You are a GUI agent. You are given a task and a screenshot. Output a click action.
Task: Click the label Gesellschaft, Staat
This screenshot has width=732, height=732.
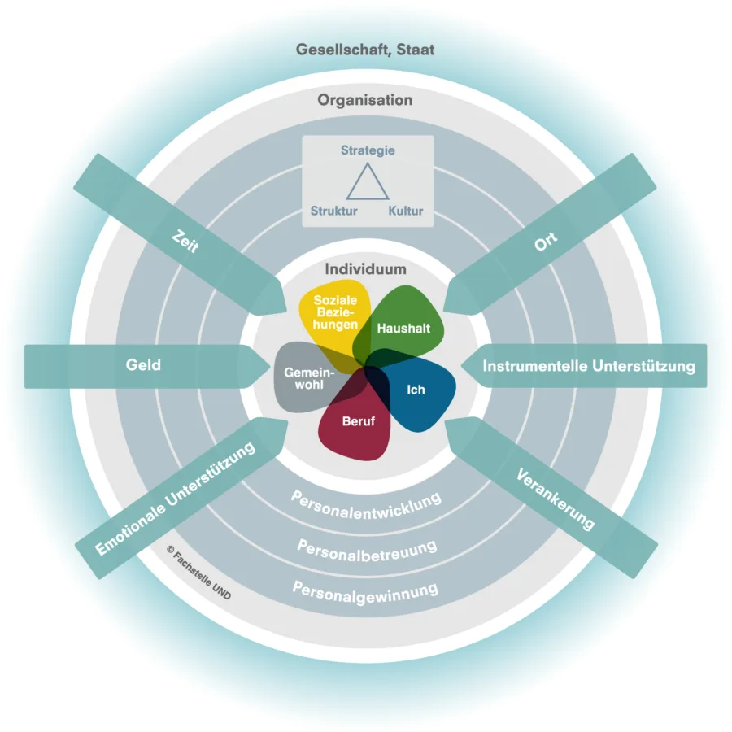pos(365,50)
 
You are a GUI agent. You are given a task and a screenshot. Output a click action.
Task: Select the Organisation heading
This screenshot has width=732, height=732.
pos(365,100)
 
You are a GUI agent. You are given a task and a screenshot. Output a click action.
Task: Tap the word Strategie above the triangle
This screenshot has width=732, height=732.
pos(368,150)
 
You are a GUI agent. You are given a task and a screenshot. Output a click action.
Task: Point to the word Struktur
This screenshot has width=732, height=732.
pos(333,211)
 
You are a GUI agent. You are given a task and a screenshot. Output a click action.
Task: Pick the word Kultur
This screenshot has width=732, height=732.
pos(405,211)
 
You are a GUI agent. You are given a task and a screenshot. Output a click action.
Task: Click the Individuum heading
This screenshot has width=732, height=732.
pos(365,269)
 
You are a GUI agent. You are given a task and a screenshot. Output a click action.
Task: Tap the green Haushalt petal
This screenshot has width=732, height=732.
pos(404,328)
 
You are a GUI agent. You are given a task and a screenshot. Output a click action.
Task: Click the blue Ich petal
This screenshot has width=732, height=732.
pos(416,390)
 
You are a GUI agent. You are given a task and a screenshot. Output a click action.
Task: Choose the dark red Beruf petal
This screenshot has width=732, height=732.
pos(358,422)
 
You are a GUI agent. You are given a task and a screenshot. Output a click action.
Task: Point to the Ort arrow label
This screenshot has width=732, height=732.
pos(546,242)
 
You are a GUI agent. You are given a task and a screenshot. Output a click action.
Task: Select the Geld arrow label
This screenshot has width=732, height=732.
pos(143,365)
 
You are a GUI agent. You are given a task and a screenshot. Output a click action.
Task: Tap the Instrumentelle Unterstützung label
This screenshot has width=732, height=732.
pos(589,366)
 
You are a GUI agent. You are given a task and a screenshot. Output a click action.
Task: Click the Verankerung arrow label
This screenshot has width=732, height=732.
pos(556,499)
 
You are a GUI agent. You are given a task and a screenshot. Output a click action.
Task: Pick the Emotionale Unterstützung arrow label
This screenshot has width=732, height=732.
pos(175,498)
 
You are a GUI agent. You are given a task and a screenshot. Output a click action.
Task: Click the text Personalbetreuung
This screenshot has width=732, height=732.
pos(367,546)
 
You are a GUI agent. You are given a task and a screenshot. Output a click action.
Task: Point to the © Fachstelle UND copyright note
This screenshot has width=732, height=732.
pos(198,573)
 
